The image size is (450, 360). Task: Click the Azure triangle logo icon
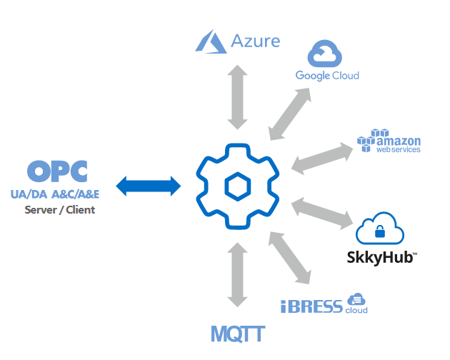(211, 41)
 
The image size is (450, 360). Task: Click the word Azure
(256, 41)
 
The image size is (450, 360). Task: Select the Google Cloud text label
(327, 76)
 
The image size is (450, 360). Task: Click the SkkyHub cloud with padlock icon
(380, 229)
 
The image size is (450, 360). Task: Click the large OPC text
(57, 172)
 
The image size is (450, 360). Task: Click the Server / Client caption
(59, 210)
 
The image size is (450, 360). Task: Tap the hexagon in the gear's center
(236, 187)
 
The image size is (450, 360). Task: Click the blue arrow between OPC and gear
(149, 186)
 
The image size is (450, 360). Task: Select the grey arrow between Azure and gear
(236, 98)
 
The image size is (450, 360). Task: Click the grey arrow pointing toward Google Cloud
(289, 114)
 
